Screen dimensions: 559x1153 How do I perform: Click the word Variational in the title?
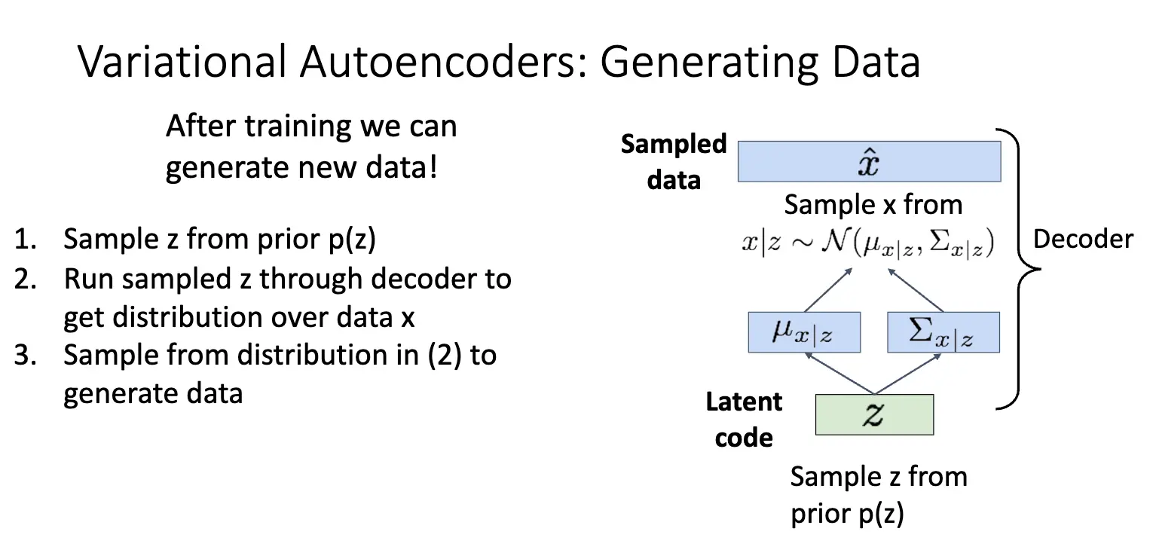(x=182, y=61)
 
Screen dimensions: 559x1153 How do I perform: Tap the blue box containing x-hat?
(x=869, y=162)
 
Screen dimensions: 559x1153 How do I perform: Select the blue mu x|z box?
(x=804, y=332)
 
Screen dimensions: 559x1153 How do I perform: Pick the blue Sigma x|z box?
(x=944, y=332)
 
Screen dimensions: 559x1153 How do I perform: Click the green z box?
(x=874, y=414)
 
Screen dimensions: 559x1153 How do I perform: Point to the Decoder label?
(x=1083, y=240)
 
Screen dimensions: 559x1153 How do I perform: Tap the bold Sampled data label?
(x=673, y=162)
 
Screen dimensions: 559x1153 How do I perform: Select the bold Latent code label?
(x=744, y=420)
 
